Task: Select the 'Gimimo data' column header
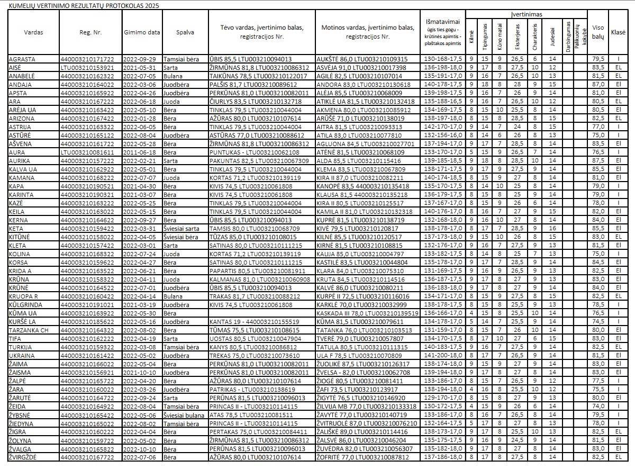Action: click(142, 32)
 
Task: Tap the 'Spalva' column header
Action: click(185, 32)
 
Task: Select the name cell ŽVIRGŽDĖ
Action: click(24, 456)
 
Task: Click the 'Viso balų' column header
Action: click(598, 32)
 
